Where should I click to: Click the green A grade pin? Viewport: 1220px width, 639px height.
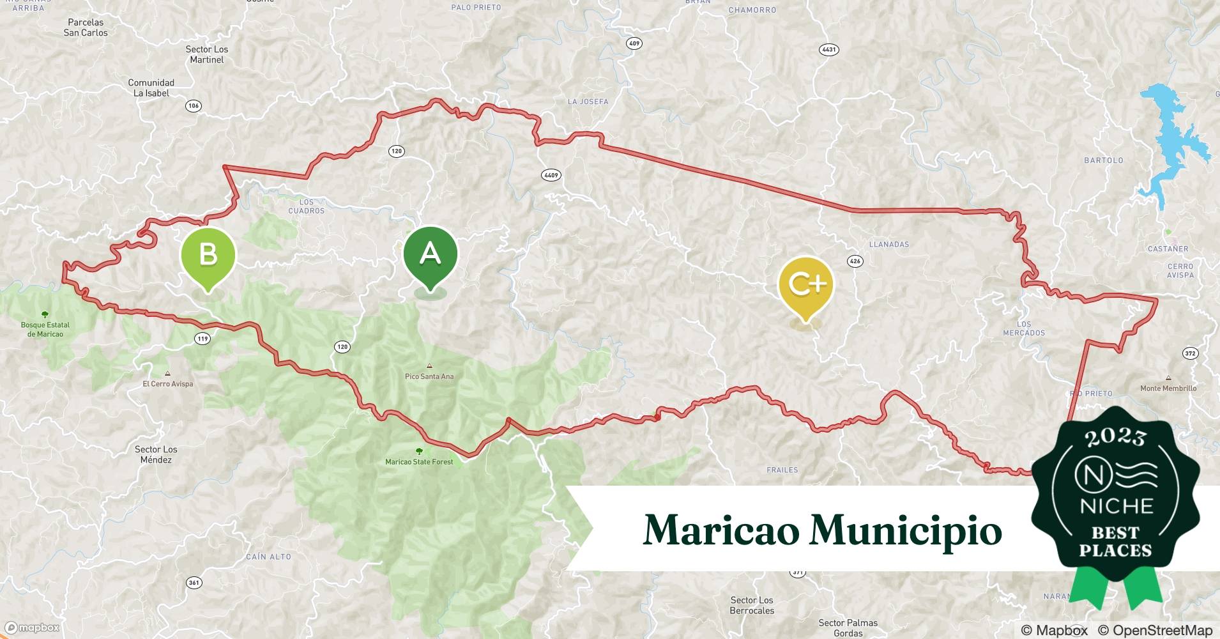click(431, 255)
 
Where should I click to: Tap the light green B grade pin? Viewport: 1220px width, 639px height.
click(208, 255)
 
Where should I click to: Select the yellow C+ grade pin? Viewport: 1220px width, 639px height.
click(806, 285)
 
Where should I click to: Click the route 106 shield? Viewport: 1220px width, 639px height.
click(194, 106)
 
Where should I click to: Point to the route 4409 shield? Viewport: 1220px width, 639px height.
click(551, 175)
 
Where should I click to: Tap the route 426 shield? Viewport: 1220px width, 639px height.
click(855, 261)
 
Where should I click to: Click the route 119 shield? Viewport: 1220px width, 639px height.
click(202, 339)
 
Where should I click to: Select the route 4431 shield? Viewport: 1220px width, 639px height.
click(828, 50)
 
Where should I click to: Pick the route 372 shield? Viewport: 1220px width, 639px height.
click(1190, 353)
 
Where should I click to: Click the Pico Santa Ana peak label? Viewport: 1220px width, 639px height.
click(429, 376)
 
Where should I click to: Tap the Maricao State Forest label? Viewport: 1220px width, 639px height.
click(419, 461)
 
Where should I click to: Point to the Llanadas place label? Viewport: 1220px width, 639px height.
click(889, 244)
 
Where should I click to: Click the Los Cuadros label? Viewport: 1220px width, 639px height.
click(307, 206)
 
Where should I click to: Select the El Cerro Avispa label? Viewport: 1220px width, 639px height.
click(167, 383)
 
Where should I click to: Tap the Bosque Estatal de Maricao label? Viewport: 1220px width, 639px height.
click(45, 329)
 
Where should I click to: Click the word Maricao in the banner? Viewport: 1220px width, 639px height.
click(722, 530)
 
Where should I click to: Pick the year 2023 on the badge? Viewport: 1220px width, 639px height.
click(1115, 437)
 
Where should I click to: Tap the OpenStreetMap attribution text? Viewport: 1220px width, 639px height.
click(1155, 630)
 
